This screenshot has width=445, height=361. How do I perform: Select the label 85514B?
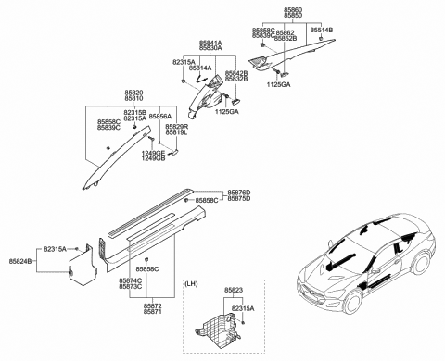(x=321, y=31)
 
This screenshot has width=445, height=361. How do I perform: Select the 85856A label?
(x=161, y=117)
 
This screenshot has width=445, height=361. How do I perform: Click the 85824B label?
(x=20, y=262)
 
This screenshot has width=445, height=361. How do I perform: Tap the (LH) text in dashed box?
(x=196, y=284)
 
